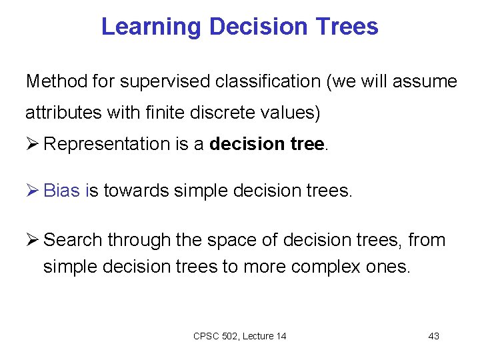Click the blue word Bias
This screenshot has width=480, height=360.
[61, 191]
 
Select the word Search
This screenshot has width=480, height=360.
[73, 239]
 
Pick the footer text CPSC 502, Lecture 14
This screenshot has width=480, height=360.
[239, 336]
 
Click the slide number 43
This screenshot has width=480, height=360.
[433, 336]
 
